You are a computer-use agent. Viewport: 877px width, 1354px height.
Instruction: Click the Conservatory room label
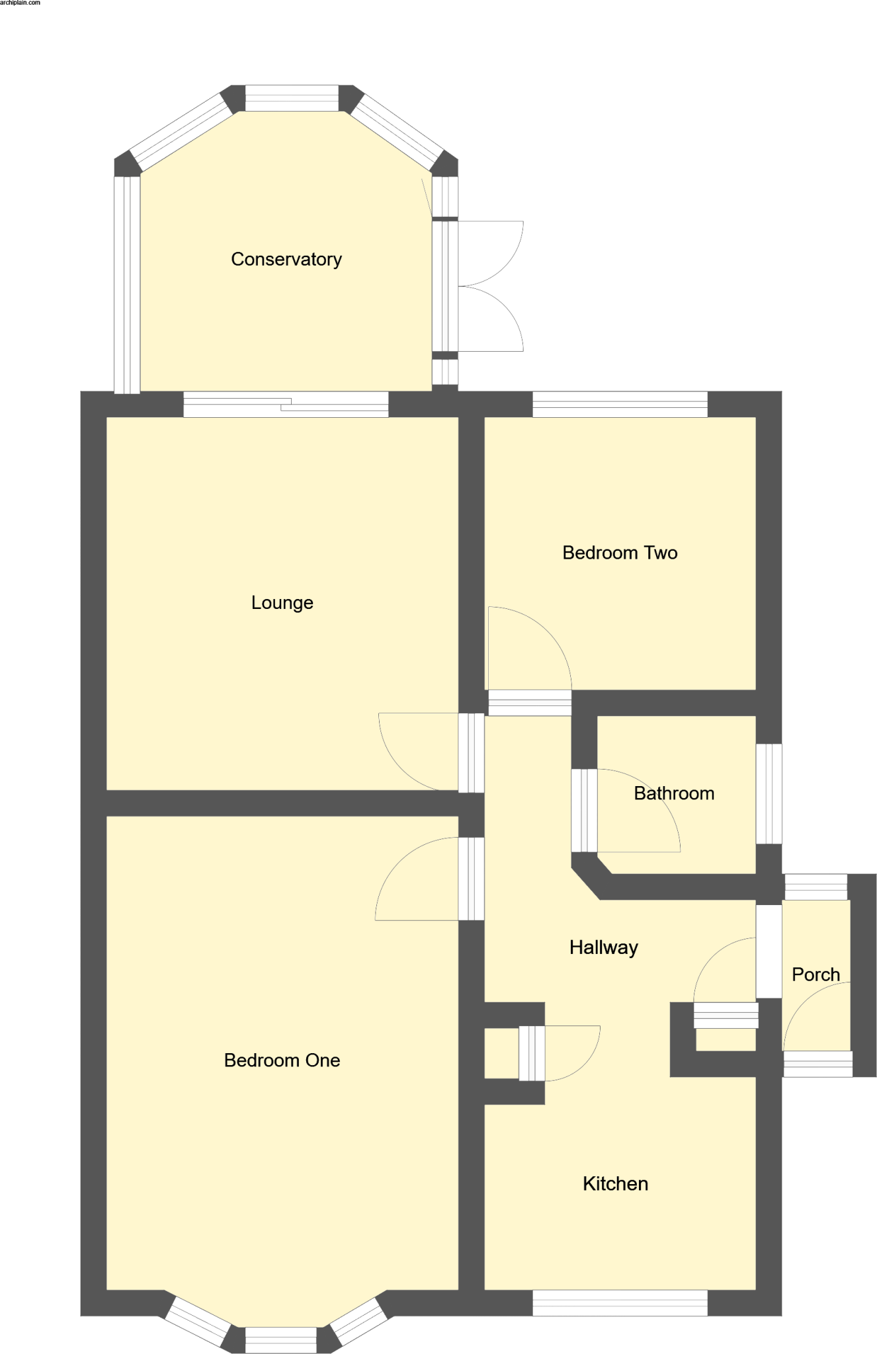click(x=286, y=259)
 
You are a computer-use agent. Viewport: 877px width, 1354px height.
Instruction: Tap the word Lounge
click(x=282, y=603)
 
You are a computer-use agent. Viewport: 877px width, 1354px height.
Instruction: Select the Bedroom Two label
click(x=620, y=553)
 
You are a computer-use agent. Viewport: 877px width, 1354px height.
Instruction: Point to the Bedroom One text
click(x=282, y=1060)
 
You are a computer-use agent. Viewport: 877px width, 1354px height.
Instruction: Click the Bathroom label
click(x=674, y=793)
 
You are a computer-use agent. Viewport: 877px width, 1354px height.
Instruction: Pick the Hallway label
click(x=603, y=947)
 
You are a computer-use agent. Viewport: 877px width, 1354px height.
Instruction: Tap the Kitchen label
click(x=615, y=1183)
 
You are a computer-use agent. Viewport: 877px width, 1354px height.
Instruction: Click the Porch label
click(x=815, y=975)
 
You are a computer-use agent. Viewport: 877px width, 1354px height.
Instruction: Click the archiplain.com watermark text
click(x=20, y=3)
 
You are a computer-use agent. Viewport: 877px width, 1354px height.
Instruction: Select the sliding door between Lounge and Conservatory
click(x=286, y=404)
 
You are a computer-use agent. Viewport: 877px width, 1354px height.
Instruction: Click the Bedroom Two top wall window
click(x=620, y=404)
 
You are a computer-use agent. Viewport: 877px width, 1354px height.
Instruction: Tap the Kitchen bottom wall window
click(x=620, y=1302)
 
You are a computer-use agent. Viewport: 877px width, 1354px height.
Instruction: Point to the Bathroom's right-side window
click(x=769, y=794)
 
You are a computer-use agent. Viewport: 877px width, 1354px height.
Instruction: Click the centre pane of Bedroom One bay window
click(x=281, y=1340)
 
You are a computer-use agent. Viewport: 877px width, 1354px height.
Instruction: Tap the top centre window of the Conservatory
click(x=292, y=98)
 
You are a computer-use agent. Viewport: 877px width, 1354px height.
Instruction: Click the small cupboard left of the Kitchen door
click(x=501, y=1053)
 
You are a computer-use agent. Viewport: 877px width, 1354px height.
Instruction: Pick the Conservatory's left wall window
click(x=127, y=284)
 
